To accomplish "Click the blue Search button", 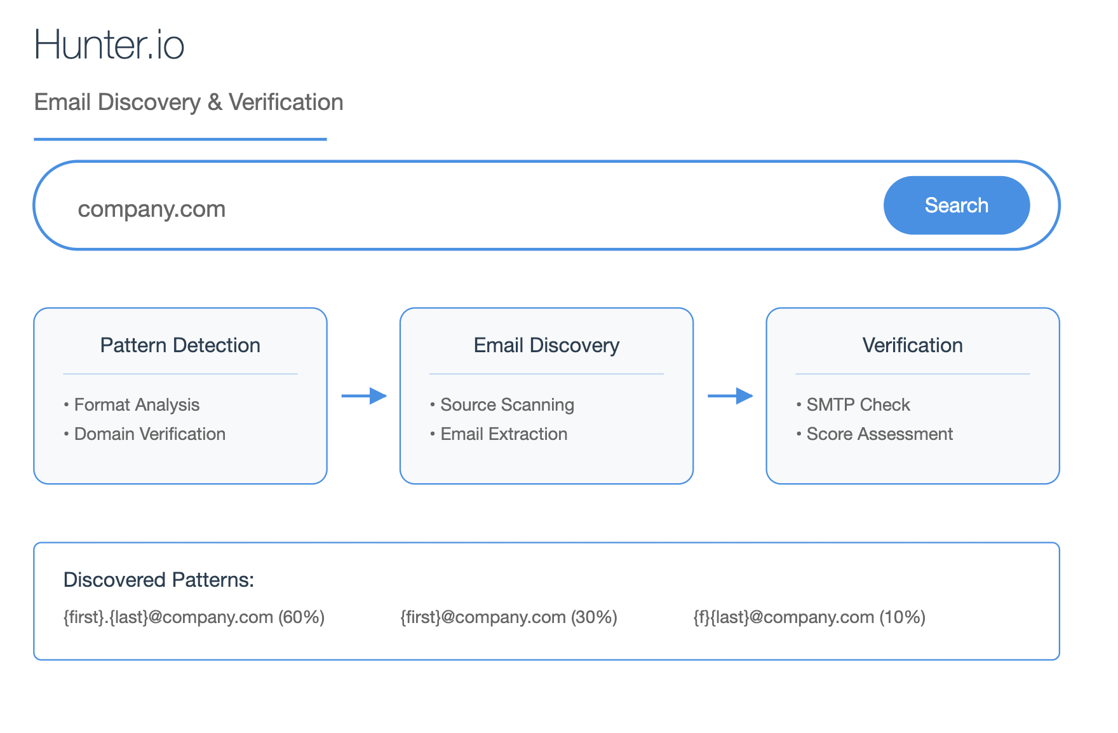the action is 956,205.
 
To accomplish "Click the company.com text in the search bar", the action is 152,209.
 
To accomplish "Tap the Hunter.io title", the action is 109,45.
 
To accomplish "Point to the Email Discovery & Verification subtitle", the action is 189,102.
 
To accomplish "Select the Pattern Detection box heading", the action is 180,345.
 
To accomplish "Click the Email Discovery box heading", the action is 546,345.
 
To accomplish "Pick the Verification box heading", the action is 913,345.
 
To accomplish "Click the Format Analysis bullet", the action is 131,405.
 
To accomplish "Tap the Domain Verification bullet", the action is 145,434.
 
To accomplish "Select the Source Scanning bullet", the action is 502,405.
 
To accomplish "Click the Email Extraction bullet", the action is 499,434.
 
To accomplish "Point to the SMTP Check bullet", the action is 853,405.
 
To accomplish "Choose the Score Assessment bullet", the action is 875,434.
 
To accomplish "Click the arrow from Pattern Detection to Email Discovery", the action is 364,396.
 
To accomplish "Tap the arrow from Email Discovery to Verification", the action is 731,396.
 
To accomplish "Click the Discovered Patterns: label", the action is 159,580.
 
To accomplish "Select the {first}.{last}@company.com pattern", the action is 168,617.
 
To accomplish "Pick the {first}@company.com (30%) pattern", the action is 509,617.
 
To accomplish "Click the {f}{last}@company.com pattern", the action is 784,617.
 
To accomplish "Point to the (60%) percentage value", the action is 302,617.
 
